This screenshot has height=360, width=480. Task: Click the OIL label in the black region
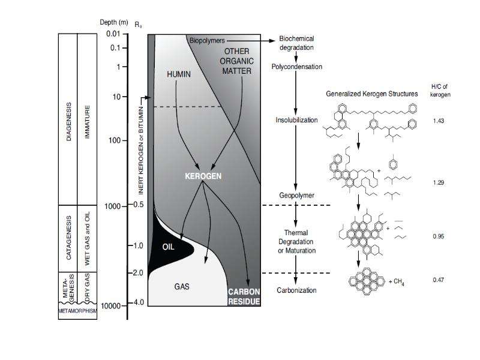[169, 247]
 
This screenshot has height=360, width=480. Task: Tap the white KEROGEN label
[203, 176]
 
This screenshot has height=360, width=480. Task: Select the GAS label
[182, 287]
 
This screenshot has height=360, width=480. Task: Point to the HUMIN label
[179, 74]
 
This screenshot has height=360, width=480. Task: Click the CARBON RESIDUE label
[244, 296]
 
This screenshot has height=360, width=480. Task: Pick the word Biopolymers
[207, 40]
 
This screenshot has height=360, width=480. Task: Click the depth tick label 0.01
[113, 34]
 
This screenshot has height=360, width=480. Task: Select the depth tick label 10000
[110, 306]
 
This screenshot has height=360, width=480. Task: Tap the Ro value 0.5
[139, 205]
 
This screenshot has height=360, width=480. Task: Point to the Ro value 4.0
[139, 302]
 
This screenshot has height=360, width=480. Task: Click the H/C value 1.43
[439, 121]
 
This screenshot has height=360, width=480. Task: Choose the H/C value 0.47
[439, 280]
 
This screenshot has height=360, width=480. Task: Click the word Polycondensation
[296, 67]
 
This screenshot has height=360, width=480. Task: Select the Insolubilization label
[296, 120]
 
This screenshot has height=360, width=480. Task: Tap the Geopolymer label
[296, 196]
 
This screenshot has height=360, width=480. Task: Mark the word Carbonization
[296, 290]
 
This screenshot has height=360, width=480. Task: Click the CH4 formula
[398, 282]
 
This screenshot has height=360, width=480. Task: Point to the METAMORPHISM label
[78, 311]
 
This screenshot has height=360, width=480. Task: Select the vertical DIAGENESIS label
[68, 122]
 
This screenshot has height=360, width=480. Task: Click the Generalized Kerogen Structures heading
[371, 94]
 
